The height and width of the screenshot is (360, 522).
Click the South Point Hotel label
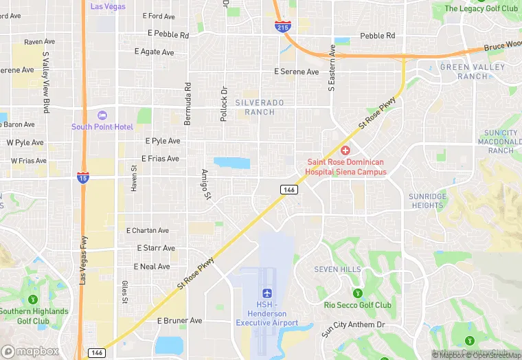pos(102,126)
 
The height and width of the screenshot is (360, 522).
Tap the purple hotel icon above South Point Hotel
pos(102,115)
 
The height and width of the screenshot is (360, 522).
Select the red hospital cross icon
pos(345,150)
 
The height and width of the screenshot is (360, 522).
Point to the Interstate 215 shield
pos(282,27)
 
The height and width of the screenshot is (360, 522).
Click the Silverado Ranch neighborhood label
pos(259,106)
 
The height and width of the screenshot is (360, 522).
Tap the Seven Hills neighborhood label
pos(337,269)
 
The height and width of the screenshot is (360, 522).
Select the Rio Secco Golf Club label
pos(358,305)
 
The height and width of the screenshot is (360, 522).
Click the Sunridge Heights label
pos(427,201)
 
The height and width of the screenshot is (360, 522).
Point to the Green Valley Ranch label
pos(473,71)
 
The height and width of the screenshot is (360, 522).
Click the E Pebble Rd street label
pos(168,34)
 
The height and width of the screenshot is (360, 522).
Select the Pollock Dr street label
pos(223,104)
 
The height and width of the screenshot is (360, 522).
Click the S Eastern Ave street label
pos(332,68)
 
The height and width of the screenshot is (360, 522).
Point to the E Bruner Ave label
pos(180,320)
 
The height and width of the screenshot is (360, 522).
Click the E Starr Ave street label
pos(156,248)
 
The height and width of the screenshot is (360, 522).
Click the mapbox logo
pos(31,351)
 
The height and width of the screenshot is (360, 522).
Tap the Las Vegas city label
pos(107,6)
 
